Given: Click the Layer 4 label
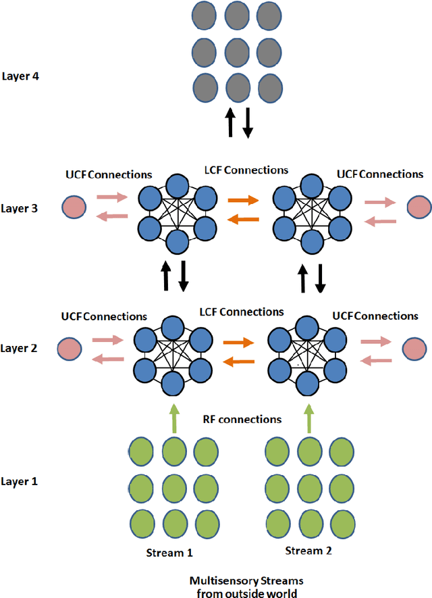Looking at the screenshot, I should pos(22,77).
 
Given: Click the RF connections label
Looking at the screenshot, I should pos(242,419).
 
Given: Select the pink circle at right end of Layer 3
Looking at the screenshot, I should pos(418,207).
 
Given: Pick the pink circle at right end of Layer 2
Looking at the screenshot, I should pos(415,348).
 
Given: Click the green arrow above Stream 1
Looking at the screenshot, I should pos(174,419).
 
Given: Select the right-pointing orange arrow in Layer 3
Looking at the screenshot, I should pos(243,200).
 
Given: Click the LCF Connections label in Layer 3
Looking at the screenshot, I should pos(246,170).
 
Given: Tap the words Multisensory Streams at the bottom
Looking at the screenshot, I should pos(241,580).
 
